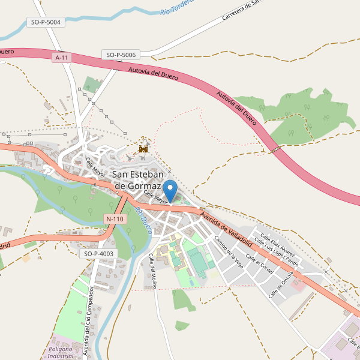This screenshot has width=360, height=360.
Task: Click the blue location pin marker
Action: coord(170,190)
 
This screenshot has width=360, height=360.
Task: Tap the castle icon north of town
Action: coord(143,147)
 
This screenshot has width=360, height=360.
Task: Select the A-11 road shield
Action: coord(61,58)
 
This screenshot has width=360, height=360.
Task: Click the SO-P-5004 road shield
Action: coord(45,23)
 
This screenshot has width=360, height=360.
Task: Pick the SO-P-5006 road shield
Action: coord(121,55)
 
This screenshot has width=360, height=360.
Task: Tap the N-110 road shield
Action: coord(114,219)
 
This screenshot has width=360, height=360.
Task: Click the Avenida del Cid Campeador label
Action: coord(89,321)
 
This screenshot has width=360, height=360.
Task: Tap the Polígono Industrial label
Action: coord(61,352)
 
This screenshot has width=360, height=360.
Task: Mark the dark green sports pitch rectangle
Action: coord(196,262)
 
